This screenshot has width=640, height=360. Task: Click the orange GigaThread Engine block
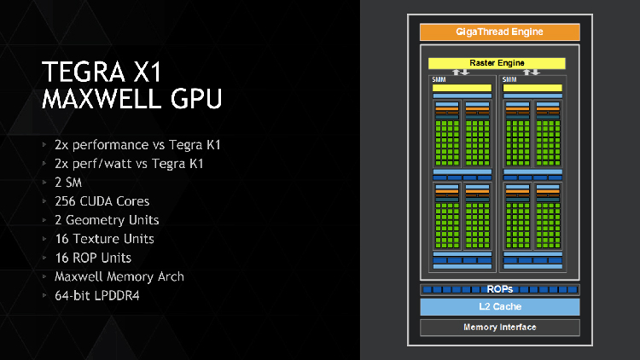point(499,32)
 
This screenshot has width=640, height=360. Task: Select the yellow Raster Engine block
point(496,63)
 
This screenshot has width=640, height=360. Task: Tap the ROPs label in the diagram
point(499,289)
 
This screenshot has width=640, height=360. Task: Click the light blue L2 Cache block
point(499,307)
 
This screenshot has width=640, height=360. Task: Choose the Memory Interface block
point(499,328)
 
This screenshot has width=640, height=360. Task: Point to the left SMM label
point(438,79)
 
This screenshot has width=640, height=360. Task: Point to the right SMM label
point(509,79)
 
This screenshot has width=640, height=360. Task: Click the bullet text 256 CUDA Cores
point(102,201)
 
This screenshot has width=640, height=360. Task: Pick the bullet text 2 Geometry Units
point(107,220)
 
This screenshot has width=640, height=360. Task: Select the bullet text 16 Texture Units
point(104,239)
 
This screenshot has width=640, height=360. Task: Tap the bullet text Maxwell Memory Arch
point(119,276)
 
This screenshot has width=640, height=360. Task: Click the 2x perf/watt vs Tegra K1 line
point(129,164)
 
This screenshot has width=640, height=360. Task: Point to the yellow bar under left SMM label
point(462,88)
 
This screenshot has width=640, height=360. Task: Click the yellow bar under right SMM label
point(532,88)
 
